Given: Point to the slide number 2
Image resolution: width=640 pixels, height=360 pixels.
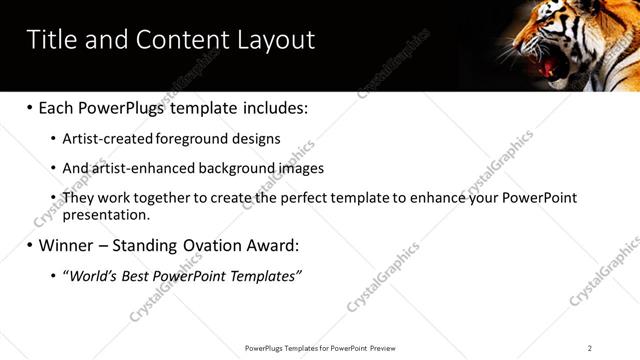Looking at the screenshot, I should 590,348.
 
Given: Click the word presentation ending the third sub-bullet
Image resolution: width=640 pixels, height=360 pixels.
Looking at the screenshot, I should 104,214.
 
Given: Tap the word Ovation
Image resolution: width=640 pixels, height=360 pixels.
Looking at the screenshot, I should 224,245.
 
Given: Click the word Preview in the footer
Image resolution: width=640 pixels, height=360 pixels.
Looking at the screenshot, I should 384,348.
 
